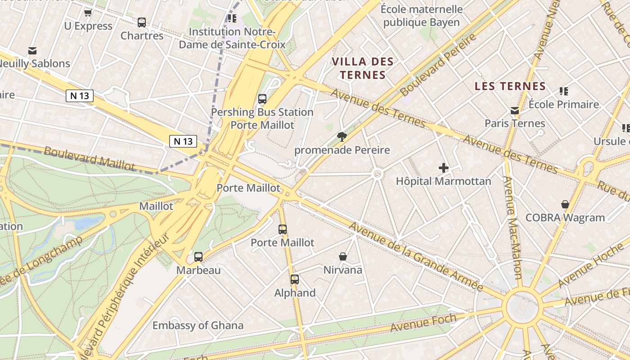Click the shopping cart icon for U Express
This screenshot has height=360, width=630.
point(88,13)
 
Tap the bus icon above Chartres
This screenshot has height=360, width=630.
point(142,22)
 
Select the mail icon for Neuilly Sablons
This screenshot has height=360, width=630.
point(32,51)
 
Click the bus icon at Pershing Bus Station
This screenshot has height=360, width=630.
point(262,99)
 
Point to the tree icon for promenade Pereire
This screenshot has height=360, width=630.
point(342,136)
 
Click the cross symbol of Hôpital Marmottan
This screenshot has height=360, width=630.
point(444,168)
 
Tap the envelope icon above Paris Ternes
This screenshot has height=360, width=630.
point(515,110)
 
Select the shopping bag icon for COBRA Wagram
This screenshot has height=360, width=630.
point(565,204)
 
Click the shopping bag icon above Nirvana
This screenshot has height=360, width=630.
point(343,256)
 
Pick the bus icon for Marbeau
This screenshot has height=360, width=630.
point(198,257)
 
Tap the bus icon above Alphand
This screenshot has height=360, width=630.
point(295,279)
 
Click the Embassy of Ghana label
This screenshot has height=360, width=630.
point(198,325)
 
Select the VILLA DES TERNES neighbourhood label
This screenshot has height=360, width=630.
point(363,68)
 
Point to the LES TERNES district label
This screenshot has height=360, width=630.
point(510,86)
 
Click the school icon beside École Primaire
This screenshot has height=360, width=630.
point(563,91)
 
